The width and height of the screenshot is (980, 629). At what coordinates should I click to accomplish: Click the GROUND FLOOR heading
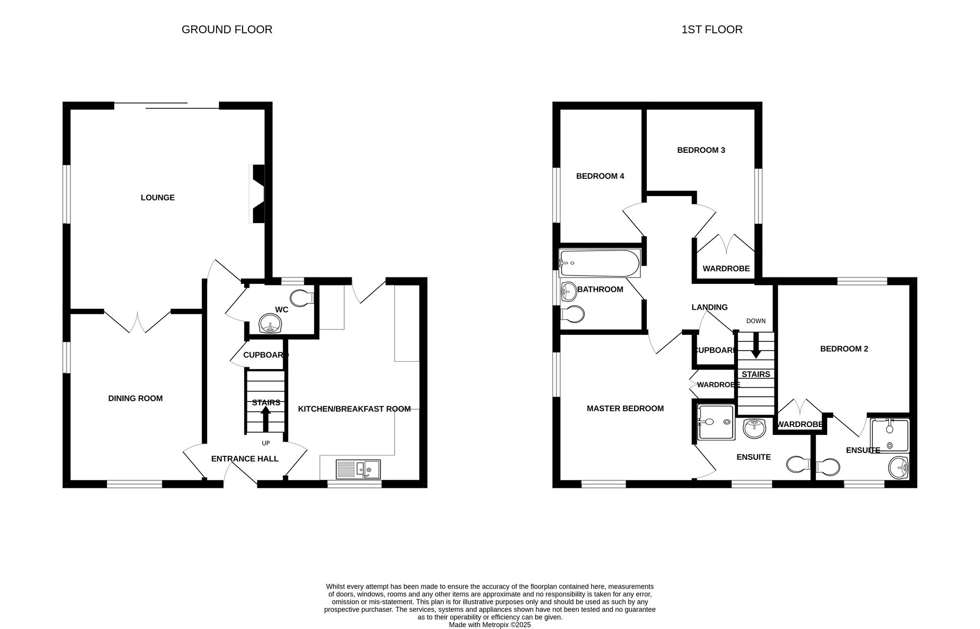(227, 29)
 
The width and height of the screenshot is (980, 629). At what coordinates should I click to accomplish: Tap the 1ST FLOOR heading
(711, 29)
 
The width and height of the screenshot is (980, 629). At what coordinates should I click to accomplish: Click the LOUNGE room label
(157, 198)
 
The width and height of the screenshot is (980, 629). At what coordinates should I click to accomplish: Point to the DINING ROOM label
(135, 398)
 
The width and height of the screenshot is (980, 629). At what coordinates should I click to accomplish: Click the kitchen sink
(358, 469)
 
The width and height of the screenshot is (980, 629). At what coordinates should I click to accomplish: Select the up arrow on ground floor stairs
(266, 419)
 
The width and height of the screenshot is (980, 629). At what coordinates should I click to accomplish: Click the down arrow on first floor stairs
(756, 345)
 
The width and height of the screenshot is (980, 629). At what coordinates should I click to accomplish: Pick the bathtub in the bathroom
(599, 263)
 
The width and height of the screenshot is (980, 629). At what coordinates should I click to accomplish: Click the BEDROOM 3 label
(701, 150)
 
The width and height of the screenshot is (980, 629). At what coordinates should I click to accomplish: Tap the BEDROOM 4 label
(600, 176)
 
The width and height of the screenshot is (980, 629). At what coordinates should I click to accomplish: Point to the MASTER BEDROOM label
(625, 408)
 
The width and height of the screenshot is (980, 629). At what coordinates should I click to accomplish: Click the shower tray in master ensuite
(716, 422)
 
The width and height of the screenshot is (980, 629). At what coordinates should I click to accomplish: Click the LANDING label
(709, 307)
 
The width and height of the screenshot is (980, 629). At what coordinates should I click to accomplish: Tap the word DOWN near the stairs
(756, 321)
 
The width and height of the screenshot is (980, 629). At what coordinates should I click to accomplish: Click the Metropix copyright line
(490, 625)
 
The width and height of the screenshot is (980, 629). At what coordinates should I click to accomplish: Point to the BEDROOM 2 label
(844, 349)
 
